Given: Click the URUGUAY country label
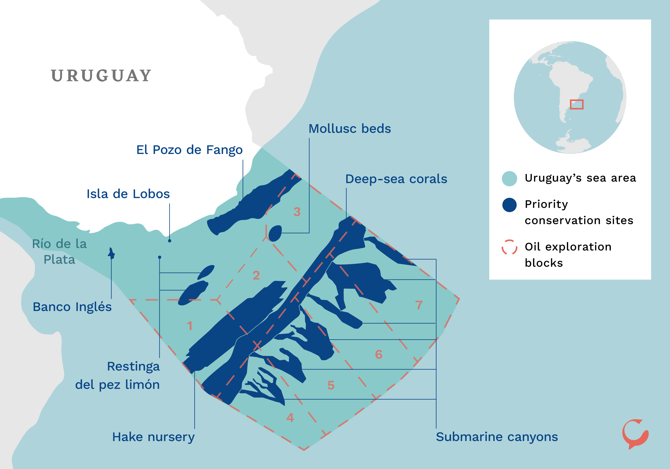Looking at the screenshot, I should coord(101,76).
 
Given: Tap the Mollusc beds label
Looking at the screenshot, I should coord(350,129).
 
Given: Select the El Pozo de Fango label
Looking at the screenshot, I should coord(189,150).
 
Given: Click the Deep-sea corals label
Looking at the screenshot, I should coord(396,179).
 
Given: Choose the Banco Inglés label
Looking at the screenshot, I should coord(72,307).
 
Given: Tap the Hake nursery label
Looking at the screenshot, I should coord(153,437).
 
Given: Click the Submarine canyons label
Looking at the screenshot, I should coord(497,437).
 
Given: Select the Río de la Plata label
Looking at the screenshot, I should coord(59,251).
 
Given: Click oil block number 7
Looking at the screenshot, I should coord(419,305).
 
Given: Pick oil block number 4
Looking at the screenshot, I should coord(290,418).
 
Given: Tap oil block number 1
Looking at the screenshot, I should coord(190,326).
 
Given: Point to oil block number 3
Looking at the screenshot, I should coord(297,212).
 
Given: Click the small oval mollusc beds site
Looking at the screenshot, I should coord(275,233).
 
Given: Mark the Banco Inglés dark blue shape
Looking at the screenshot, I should coord(111,254).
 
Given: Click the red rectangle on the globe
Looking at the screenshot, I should coord(577,104).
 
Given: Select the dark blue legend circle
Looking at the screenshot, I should coord(509,205).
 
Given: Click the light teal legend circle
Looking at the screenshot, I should coord(509,178).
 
